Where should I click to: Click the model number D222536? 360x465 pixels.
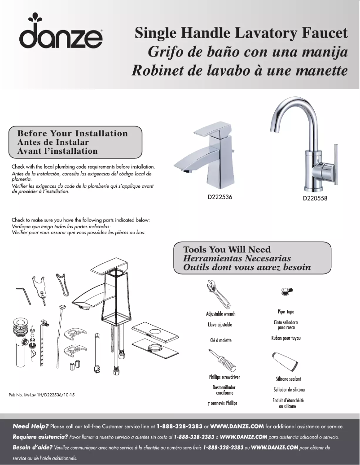[220, 197]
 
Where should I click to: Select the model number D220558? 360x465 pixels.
[315, 199]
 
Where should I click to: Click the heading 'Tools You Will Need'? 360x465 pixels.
[227, 249]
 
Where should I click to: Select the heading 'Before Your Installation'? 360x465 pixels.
[72, 133]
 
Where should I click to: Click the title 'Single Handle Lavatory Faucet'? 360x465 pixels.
[241, 33]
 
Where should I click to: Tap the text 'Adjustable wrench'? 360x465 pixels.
[220, 314]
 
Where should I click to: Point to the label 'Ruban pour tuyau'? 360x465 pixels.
[286, 338]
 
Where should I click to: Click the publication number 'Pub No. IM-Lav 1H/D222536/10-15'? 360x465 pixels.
[42, 395]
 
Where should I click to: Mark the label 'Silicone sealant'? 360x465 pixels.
[288, 379]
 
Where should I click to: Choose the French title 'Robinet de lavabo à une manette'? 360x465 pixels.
[240, 71]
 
